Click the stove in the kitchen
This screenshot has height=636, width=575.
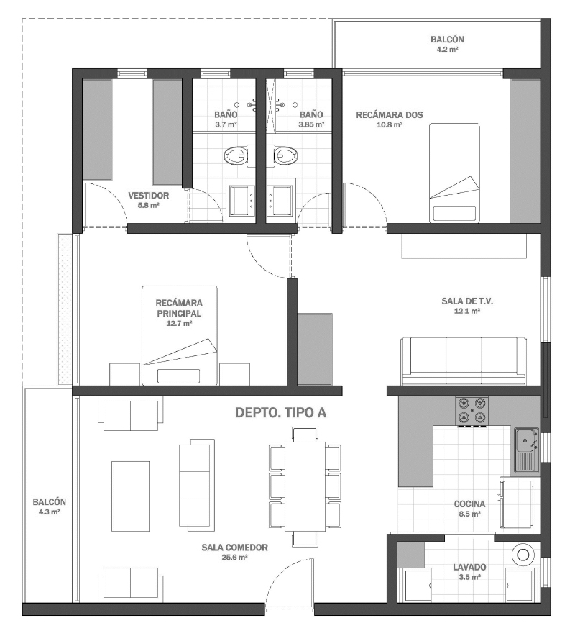[x=471, y=412]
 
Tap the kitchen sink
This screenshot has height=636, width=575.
[x=527, y=450]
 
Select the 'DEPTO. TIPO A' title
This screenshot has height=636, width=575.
[x=281, y=413]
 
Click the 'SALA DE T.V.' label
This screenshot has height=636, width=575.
[x=467, y=301]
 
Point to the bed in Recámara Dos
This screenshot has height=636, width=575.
[x=455, y=173]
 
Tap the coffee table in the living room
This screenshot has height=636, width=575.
[x=131, y=496]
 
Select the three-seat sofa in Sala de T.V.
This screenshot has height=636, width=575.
[x=464, y=360]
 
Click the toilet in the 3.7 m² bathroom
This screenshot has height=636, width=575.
[x=236, y=155]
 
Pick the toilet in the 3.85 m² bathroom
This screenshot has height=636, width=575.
[x=285, y=155]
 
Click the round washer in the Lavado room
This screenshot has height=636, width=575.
[x=523, y=555]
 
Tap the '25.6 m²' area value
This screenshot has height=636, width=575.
[x=234, y=558]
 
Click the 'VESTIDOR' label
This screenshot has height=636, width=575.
[x=149, y=196]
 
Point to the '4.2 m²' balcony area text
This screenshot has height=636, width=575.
[x=447, y=50]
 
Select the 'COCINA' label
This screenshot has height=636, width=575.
[x=469, y=504]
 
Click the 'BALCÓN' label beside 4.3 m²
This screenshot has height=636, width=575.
[x=50, y=502]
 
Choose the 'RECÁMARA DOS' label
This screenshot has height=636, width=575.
[x=390, y=115]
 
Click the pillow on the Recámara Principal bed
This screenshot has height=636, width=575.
[x=179, y=376]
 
